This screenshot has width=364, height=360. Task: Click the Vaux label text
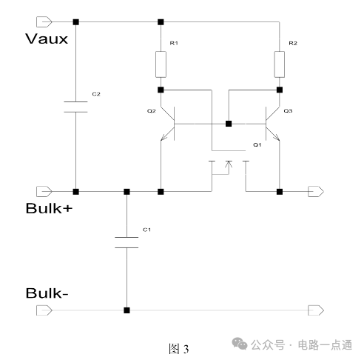(47, 39)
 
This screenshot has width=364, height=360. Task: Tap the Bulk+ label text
(49, 208)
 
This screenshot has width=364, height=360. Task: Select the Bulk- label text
(47, 293)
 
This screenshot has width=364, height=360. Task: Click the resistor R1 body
(161, 64)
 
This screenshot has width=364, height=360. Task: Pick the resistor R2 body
(280, 64)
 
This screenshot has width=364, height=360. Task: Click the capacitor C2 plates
(75, 107)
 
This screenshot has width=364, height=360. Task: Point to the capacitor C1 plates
(127, 242)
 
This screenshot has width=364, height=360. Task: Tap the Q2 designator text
(152, 111)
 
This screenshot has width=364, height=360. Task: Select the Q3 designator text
(288, 111)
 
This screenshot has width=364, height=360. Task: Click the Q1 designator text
(257, 144)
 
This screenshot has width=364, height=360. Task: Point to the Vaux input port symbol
(44, 21)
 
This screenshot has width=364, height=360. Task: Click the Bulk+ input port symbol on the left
(44, 191)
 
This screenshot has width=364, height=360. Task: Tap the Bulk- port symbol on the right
(316, 310)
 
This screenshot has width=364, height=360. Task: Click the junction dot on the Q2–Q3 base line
(229, 124)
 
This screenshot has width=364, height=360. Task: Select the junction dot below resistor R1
(161, 90)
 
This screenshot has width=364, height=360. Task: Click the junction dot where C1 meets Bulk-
(127, 310)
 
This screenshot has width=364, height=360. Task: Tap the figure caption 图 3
(179, 349)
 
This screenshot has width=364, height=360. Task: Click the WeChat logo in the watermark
(239, 344)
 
